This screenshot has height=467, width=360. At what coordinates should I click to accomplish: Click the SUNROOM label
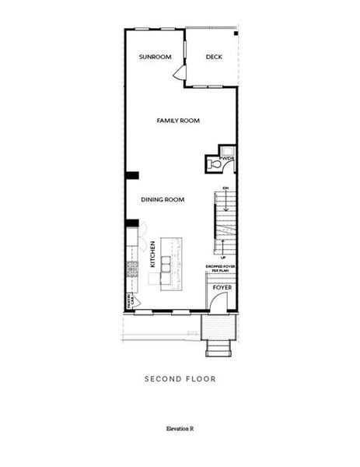155,57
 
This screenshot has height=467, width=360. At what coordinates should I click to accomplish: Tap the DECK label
215,57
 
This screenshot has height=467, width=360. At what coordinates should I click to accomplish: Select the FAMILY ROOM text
178,121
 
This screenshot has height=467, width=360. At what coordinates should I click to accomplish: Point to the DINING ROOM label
163,200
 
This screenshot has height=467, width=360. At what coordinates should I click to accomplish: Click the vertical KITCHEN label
152,255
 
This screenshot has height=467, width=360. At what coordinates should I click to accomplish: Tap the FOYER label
222,288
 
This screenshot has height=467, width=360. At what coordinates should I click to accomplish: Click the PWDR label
227,160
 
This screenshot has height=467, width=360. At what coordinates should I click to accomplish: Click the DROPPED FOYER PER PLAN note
221,269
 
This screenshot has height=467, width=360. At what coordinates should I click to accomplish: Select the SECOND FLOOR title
180,380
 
